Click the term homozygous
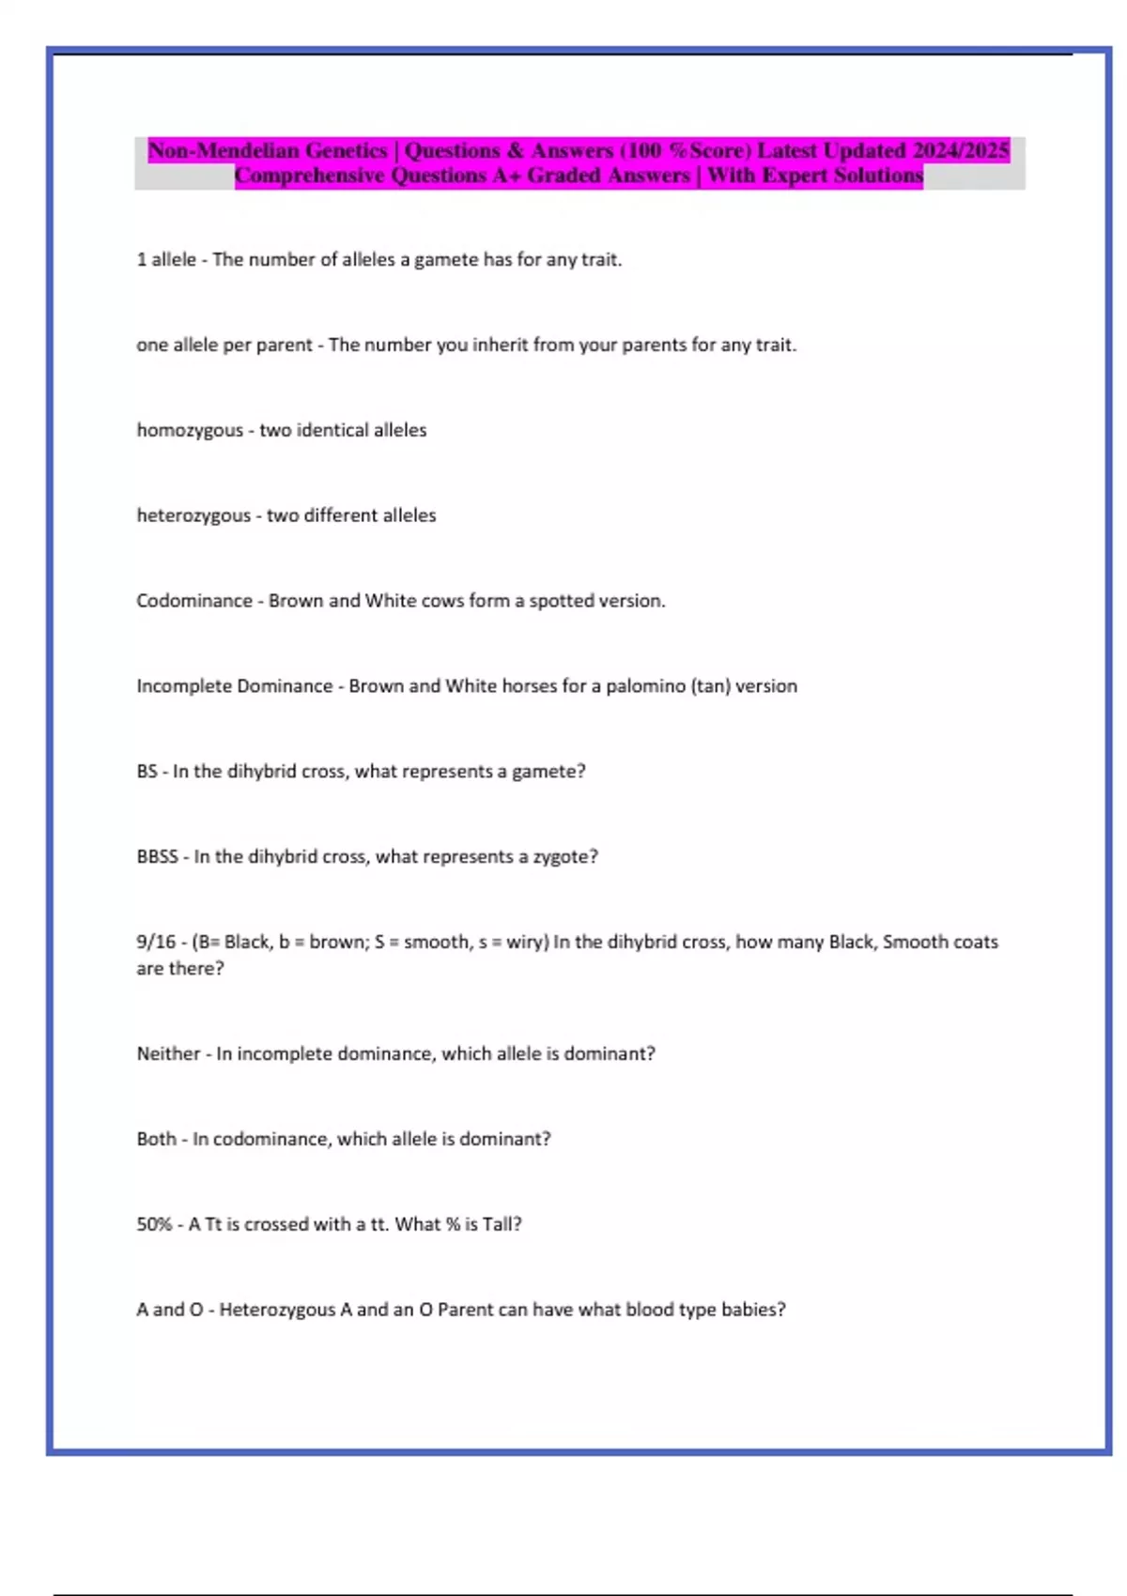190,430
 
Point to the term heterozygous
193,515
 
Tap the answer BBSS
157,856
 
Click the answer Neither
168,1053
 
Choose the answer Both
156,1139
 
